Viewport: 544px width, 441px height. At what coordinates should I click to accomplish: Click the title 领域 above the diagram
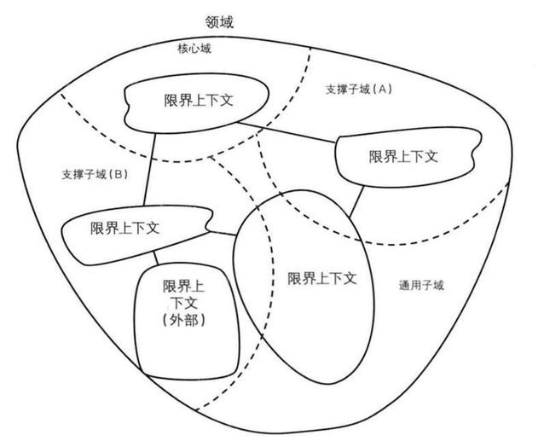(x=219, y=21)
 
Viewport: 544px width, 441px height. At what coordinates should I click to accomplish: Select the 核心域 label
(x=194, y=49)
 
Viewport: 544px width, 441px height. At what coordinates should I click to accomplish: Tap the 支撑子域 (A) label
(x=359, y=90)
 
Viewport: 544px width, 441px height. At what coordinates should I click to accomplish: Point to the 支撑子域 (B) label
(x=95, y=174)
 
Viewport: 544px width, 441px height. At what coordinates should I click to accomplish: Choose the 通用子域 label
(x=421, y=285)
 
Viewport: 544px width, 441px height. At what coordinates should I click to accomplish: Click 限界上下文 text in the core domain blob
(x=199, y=101)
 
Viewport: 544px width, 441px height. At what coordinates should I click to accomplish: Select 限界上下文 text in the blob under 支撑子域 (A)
(x=403, y=156)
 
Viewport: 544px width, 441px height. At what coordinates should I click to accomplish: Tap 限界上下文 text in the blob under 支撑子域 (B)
(x=124, y=228)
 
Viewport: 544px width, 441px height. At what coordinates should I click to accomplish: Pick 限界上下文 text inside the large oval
(x=322, y=278)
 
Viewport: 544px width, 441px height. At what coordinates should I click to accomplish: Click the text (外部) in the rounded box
(x=184, y=320)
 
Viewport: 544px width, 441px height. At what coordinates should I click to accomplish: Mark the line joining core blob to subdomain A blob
(x=286, y=132)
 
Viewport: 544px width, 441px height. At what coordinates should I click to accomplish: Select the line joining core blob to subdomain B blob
(x=149, y=170)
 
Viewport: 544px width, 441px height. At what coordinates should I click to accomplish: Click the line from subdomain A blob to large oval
(x=356, y=202)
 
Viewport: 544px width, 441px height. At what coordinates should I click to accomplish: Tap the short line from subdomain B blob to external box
(x=156, y=258)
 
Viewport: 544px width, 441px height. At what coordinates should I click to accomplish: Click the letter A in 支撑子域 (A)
(x=382, y=90)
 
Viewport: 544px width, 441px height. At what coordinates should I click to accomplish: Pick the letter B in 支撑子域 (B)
(x=118, y=174)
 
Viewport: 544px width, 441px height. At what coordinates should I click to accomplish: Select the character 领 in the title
(x=212, y=21)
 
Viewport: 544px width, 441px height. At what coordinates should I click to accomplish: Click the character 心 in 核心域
(x=194, y=49)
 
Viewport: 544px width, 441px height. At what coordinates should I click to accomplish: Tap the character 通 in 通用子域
(x=404, y=285)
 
